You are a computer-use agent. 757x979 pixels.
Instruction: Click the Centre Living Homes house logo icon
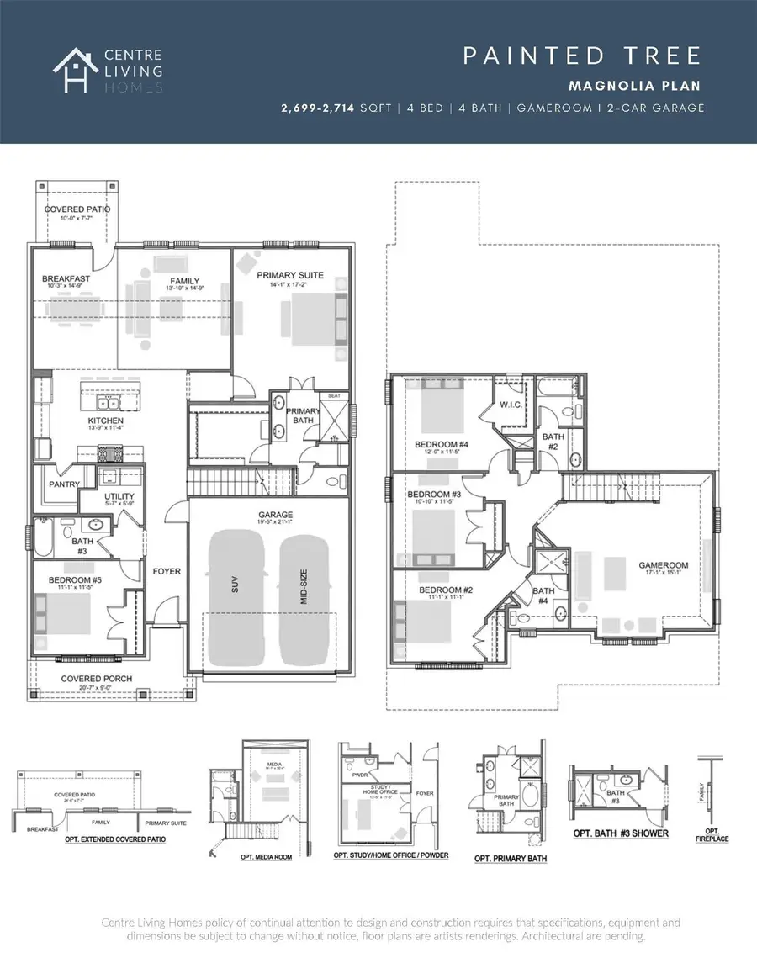click(x=72, y=70)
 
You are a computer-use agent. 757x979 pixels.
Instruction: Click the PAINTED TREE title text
click(x=582, y=56)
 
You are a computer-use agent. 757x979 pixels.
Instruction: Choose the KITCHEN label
click(x=107, y=420)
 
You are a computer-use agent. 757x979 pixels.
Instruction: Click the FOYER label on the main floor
click(x=167, y=571)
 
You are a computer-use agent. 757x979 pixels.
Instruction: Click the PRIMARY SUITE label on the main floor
click(x=290, y=275)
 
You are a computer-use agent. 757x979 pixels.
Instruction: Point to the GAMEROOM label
click(x=664, y=565)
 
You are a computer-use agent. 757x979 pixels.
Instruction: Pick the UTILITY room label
click(x=119, y=496)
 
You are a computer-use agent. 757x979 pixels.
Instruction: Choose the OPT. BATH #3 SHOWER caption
click(x=621, y=833)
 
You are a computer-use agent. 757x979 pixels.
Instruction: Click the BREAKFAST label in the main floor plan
click(x=66, y=278)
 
